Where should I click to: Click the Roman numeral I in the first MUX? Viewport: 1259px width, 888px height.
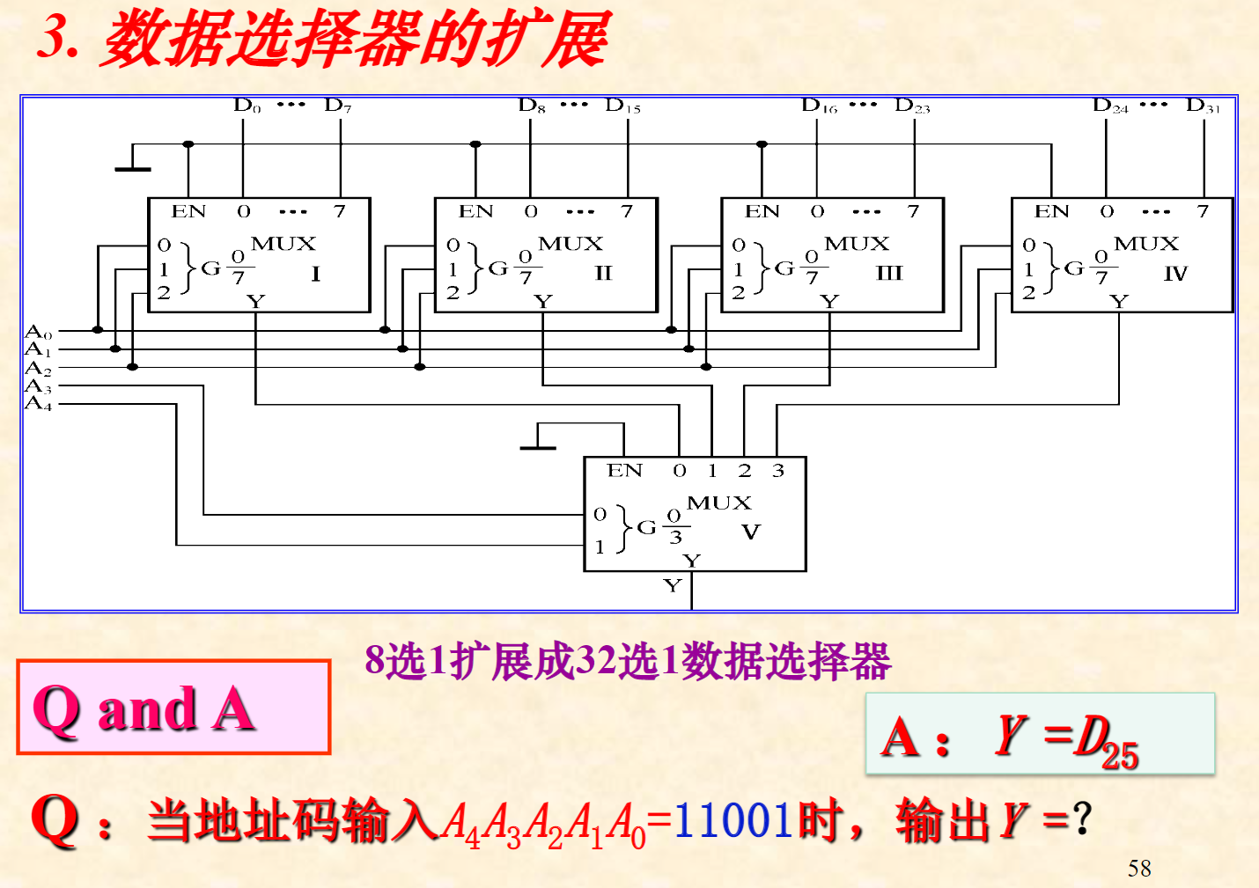tap(315, 274)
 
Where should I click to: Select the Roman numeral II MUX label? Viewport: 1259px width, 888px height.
tap(603, 274)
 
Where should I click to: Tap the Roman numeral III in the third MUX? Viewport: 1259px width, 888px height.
tap(889, 274)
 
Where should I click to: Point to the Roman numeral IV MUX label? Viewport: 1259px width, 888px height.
tap(1175, 274)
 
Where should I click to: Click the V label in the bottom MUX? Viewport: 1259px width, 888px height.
tap(750, 532)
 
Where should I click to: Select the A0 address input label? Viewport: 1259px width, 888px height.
tap(38, 332)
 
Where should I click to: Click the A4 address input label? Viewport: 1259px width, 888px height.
tap(38, 404)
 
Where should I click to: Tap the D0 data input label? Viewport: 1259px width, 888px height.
tap(247, 106)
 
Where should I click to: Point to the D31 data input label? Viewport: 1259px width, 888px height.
tap(1203, 106)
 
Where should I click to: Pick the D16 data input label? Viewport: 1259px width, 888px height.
tap(819, 106)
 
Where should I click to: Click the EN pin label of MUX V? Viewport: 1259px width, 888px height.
tap(624, 471)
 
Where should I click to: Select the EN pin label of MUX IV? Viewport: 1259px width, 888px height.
tap(1051, 212)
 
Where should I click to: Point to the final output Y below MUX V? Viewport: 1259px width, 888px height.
tap(673, 586)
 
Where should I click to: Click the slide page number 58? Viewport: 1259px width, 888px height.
tap(1139, 869)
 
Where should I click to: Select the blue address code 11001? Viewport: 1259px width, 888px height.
tap(734, 820)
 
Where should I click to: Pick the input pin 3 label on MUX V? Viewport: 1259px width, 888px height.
tap(777, 471)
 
